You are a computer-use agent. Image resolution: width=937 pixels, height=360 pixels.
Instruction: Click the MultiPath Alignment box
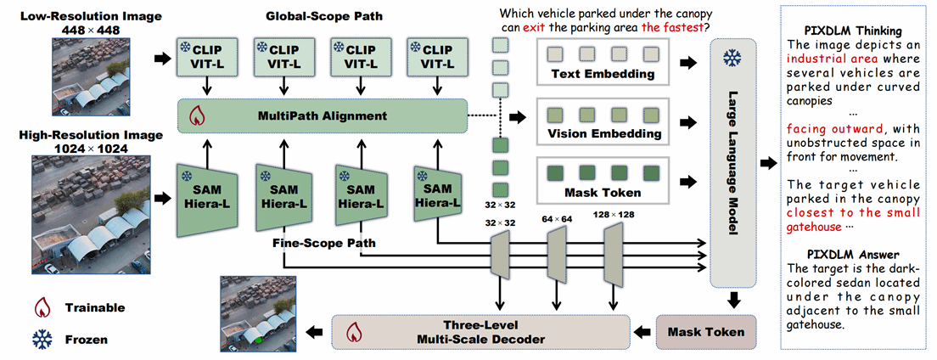click(x=322, y=115)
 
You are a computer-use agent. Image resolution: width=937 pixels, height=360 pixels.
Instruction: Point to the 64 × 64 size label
click(x=557, y=219)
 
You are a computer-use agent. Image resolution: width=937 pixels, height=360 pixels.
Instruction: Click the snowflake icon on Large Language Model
click(x=729, y=58)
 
